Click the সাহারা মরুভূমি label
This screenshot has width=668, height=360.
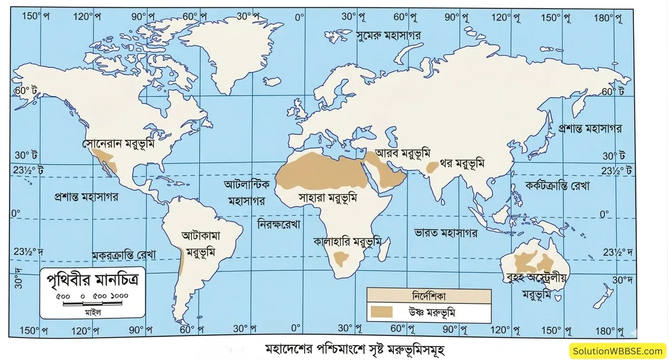pos(327,197)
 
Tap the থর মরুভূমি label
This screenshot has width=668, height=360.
pos(462,164)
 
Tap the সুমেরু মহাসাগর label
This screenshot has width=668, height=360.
pos(388,34)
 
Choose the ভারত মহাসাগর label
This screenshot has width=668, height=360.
pos(446,233)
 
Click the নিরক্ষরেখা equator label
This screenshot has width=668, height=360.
pos(278,225)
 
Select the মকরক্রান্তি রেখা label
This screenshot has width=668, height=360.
pos(124,254)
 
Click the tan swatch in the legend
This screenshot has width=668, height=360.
pos(383,312)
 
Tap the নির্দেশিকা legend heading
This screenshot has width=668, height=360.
pos(428,295)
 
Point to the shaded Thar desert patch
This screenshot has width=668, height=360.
pos(431,166)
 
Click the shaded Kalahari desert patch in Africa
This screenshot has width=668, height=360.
pos(341,258)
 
